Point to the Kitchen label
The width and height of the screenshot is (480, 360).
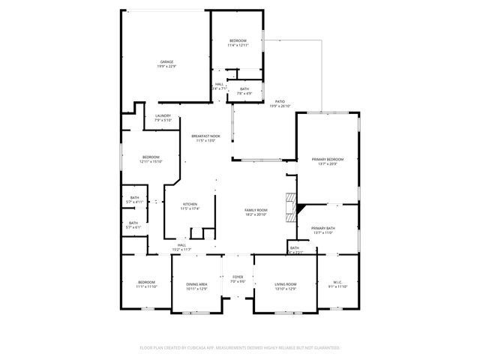[x=190, y=206]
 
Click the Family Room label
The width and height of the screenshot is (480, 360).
[x=256, y=211]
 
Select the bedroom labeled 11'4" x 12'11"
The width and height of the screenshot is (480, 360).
[x=238, y=42]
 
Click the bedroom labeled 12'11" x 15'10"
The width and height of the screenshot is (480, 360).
[x=150, y=159]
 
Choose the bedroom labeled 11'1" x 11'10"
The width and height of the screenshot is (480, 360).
[x=146, y=284]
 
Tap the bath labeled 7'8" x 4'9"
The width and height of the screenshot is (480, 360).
[x=244, y=91]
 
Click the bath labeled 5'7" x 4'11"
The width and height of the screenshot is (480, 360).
[x=133, y=201]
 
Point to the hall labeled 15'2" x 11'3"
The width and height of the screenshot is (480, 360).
[x=181, y=247]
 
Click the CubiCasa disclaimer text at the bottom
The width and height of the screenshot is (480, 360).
[x=240, y=348]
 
